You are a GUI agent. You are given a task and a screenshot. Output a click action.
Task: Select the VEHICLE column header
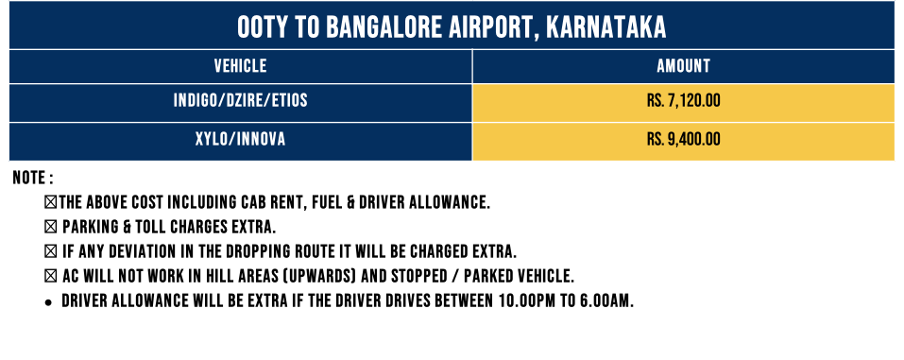pyautogui.click(x=241, y=66)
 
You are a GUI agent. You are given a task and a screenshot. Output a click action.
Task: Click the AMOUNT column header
pyautogui.click(x=683, y=66)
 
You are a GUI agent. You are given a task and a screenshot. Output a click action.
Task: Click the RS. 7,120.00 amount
pyautogui.click(x=683, y=101)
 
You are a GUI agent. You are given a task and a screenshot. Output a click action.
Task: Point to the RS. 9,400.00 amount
pyautogui.click(x=683, y=140)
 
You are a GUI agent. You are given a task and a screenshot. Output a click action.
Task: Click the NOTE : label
pyautogui.click(x=33, y=178)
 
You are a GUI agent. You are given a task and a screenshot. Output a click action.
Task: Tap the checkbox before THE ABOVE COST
pyautogui.click(x=51, y=202)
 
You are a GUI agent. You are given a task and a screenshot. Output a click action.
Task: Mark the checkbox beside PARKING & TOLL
pyautogui.click(x=51, y=228)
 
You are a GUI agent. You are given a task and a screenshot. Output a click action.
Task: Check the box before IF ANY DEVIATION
pyautogui.click(x=51, y=252)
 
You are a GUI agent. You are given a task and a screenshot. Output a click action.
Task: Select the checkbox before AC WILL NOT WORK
pyautogui.click(x=51, y=277)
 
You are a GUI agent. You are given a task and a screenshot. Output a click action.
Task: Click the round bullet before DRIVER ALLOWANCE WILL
pyautogui.click(x=49, y=302)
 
